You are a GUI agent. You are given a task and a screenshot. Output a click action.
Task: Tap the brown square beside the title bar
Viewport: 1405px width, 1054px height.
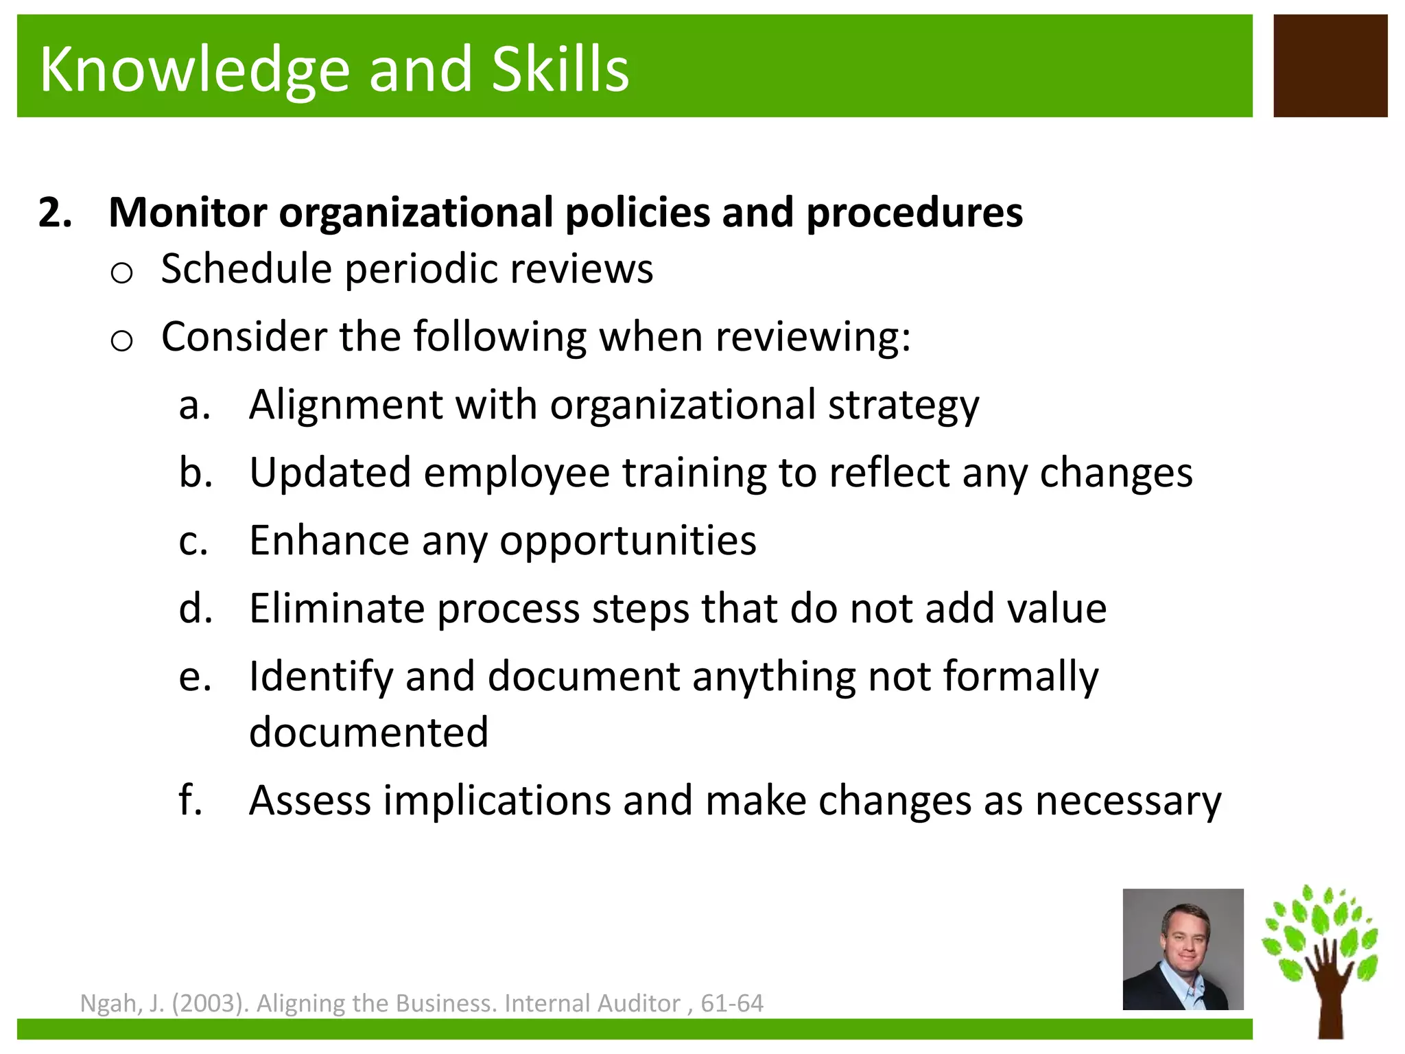(x=1330, y=66)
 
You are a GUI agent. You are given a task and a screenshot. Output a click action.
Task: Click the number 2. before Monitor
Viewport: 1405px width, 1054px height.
(x=55, y=212)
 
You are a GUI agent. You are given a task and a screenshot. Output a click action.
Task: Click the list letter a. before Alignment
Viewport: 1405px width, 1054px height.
(x=194, y=405)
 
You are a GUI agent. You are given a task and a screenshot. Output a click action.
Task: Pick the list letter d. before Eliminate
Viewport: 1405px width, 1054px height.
(x=196, y=609)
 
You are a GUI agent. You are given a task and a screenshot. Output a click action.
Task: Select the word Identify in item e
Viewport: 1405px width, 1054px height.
(x=320, y=677)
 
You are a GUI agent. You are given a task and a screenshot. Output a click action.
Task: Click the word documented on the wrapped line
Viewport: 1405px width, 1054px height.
(x=368, y=732)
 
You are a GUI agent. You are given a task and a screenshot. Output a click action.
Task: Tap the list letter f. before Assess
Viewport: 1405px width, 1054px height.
(x=191, y=800)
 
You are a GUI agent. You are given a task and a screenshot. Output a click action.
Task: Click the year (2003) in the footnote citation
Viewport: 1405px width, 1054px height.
(x=209, y=1004)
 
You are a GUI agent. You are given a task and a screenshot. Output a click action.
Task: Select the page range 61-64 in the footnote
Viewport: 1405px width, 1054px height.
(x=731, y=1004)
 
